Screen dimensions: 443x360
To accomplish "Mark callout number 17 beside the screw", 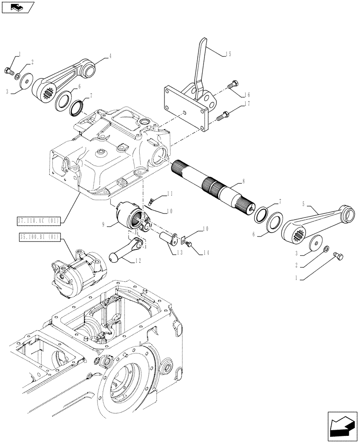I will [x=247, y=105].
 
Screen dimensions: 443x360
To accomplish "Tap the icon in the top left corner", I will [x=17, y=7].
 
